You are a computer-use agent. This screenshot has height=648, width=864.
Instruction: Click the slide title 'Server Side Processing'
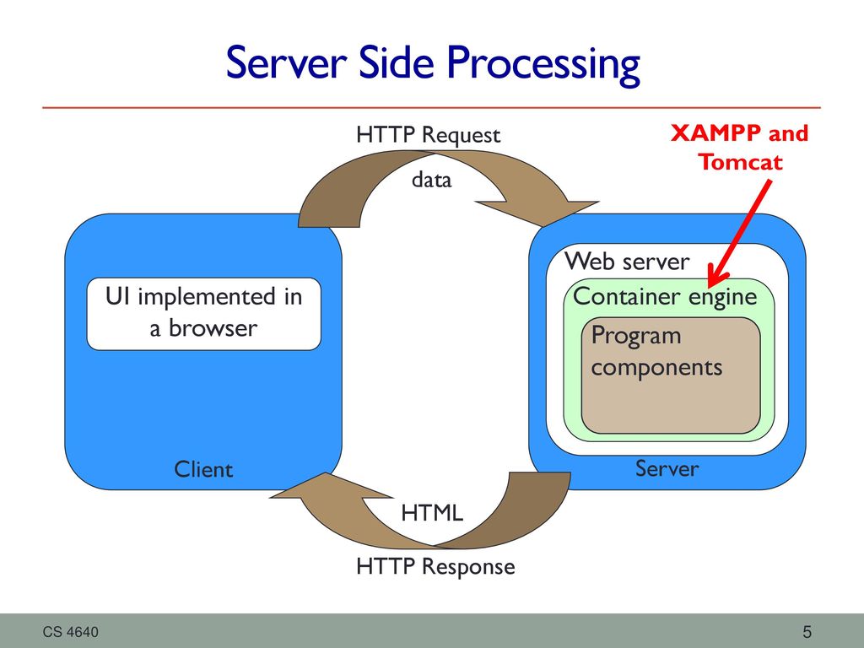point(433,64)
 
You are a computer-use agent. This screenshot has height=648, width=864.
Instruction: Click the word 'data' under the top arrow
point(431,180)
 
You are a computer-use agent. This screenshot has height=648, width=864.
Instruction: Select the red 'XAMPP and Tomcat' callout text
point(739,148)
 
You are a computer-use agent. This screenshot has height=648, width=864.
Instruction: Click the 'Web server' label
point(627,262)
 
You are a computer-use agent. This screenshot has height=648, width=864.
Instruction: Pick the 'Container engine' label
point(665,297)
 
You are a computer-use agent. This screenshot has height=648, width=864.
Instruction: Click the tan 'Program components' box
point(671,375)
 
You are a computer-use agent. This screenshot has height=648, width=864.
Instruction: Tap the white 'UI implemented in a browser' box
point(204,314)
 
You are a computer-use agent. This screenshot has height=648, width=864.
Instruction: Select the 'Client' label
point(203,469)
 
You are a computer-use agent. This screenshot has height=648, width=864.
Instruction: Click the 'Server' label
point(667,468)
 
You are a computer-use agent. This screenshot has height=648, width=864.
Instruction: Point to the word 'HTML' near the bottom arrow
point(432,513)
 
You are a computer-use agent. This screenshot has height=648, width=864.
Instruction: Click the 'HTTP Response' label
point(435,567)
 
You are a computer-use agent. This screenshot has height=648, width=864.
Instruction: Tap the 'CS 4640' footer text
point(71,632)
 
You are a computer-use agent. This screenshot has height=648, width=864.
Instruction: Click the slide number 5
point(807,631)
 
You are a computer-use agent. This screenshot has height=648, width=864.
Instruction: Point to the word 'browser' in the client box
point(213,328)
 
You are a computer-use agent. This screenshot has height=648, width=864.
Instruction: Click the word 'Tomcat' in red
point(740,162)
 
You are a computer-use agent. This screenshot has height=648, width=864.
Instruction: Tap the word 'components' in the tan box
point(656,368)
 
